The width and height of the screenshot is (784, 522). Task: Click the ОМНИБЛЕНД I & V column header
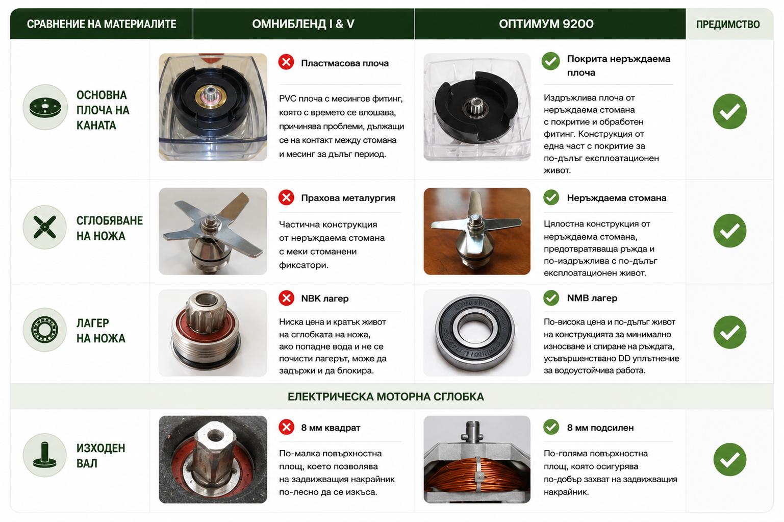[x=303, y=24]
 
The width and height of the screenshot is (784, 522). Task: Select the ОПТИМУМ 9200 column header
[x=546, y=24]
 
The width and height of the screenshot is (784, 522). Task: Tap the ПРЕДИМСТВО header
[x=728, y=24]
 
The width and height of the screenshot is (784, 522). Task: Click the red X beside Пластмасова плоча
[x=286, y=62]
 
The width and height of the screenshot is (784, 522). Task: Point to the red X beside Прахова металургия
[x=286, y=197]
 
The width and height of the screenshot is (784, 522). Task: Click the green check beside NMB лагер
[x=551, y=298]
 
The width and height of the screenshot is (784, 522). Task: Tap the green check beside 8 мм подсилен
[x=551, y=427]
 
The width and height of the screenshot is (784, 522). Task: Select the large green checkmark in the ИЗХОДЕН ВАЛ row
[x=730, y=459]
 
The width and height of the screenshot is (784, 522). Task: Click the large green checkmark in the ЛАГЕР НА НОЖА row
[x=730, y=332]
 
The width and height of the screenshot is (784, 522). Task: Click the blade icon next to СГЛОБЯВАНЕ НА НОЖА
[x=44, y=227]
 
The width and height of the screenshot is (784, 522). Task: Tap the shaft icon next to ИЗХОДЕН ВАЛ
[x=44, y=455]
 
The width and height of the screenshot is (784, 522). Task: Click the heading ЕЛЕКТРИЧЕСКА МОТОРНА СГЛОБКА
[x=386, y=396]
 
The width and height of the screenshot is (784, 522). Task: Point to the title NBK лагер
[x=325, y=299]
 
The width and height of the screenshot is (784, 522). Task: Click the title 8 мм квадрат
[x=331, y=428]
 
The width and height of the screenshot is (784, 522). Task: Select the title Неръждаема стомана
[x=617, y=198]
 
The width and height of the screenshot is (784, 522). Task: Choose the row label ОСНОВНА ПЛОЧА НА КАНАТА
[x=103, y=110]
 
